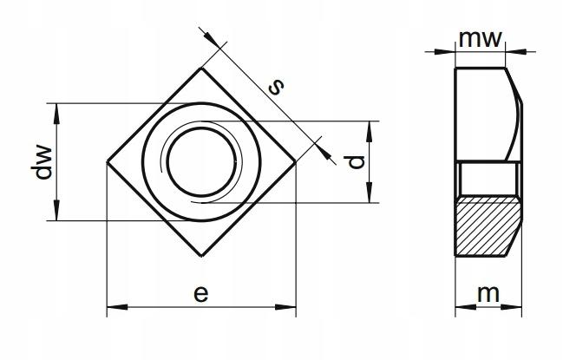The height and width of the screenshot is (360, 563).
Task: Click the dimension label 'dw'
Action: pos(43,162)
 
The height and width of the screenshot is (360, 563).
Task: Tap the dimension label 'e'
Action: pos(200,293)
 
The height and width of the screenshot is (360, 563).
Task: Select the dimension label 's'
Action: pos(276,87)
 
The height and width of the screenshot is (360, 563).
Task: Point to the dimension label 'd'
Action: pos(357,162)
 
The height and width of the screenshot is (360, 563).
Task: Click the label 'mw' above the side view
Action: pos(480,38)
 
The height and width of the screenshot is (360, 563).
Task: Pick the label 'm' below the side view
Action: pos(488,294)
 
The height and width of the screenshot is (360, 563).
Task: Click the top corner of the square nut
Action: pos(201,68)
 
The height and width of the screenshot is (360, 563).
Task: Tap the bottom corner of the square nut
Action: pos(201,256)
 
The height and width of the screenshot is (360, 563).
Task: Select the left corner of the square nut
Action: pos(107,162)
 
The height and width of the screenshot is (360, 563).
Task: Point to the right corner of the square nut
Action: pos(296,162)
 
